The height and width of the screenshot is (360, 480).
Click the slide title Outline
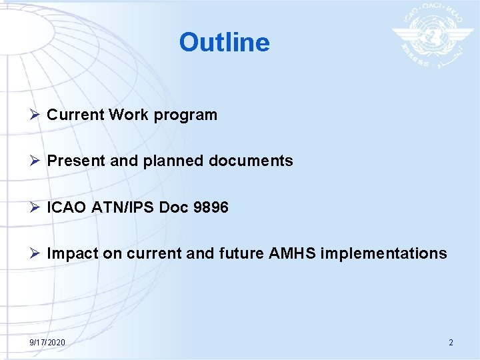click(x=224, y=42)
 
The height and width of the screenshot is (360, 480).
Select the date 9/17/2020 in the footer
click(x=47, y=342)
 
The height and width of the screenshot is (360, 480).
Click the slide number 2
click(x=451, y=342)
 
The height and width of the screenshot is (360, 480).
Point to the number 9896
click(x=210, y=207)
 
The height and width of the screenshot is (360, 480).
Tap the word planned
click(x=166, y=161)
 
